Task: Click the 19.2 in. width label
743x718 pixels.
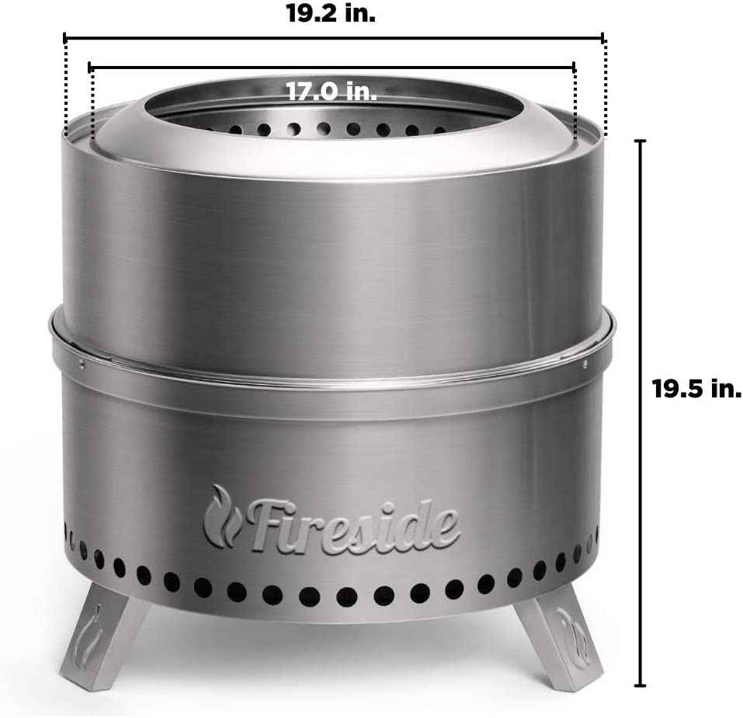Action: click(331, 14)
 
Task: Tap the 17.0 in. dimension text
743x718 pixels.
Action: click(332, 92)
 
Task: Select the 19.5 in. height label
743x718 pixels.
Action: click(696, 390)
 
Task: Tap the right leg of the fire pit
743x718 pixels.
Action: click(561, 636)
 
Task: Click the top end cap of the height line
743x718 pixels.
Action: click(640, 141)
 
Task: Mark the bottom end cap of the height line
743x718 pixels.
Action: click(640, 685)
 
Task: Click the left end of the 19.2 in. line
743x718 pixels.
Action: click(64, 37)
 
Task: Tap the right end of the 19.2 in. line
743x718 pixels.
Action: click(603, 37)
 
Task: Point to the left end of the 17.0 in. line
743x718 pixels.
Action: click(92, 68)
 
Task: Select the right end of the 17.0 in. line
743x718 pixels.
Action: click(575, 68)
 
